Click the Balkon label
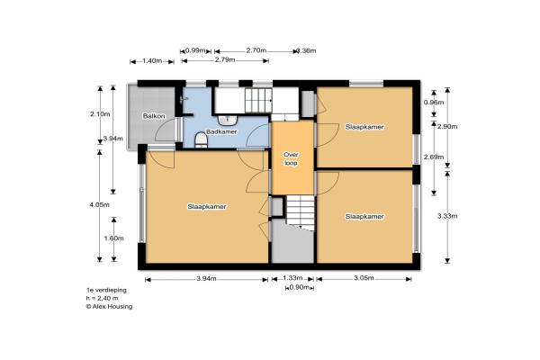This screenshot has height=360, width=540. [154, 116]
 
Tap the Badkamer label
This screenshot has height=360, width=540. [221, 131]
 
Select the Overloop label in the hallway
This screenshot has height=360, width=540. [291, 158]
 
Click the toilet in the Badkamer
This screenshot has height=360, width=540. [201, 140]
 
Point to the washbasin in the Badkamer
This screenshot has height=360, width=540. [228, 121]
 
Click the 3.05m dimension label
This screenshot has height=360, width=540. [364, 278]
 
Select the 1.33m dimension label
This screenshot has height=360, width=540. [292, 278]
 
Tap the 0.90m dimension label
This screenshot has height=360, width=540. [299, 287]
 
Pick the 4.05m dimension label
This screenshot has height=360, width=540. [100, 204]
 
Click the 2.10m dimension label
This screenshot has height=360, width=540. [100, 114]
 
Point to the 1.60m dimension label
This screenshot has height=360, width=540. [114, 238]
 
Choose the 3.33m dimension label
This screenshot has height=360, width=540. [447, 216]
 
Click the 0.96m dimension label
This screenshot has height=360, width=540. [434, 103]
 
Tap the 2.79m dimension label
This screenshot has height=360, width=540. [225, 60]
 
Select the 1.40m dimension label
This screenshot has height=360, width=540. [152, 61]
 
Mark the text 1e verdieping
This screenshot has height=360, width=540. [106, 290]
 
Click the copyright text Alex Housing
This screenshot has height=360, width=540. [109, 306]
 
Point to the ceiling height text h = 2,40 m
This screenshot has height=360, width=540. [102, 298]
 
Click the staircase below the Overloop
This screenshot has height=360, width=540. [301, 213]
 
